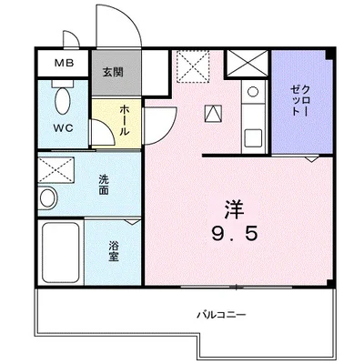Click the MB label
coord(64,63)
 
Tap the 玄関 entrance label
coord(113,72)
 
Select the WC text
coord(64,128)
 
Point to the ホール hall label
coord(124,120)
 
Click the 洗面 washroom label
coord(104,185)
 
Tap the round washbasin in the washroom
coord(47,197)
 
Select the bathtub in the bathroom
coord(61,252)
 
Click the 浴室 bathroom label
coord(114,251)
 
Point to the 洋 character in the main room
coord(235,209)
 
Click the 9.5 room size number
coord(235,234)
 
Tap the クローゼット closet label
coord(300,101)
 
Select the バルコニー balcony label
coord(221,315)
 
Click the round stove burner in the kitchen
coord(253,91)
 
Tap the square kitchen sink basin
coord(253,137)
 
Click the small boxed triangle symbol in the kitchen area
coord(214,114)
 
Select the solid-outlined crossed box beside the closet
coord(248,64)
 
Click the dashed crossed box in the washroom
coord(56,169)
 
